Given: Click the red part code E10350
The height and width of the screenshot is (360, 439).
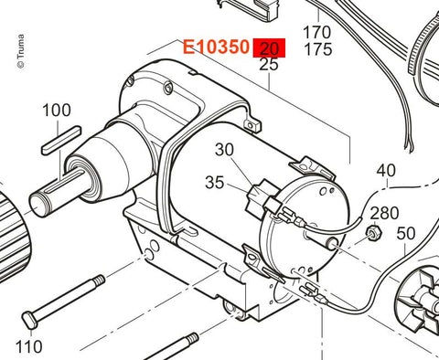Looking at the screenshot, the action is (x=216, y=48).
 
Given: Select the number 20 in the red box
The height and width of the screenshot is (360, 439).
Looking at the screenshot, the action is (x=269, y=48).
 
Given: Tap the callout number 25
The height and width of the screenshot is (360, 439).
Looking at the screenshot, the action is (x=269, y=65).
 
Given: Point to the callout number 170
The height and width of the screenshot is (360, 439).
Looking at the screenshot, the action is (x=317, y=32).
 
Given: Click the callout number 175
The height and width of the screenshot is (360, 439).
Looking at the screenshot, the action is (x=318, y=49).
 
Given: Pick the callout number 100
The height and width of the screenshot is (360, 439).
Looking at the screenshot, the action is (x=57, y=110).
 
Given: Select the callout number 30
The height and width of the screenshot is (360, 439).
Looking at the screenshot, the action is (x=224, y=150).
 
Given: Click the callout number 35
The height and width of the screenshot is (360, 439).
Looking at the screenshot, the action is (x=215, y=183).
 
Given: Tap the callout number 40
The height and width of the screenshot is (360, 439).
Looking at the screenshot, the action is (x=386, y=170).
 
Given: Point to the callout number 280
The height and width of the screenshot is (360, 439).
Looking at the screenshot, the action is (x=384, y=213).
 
